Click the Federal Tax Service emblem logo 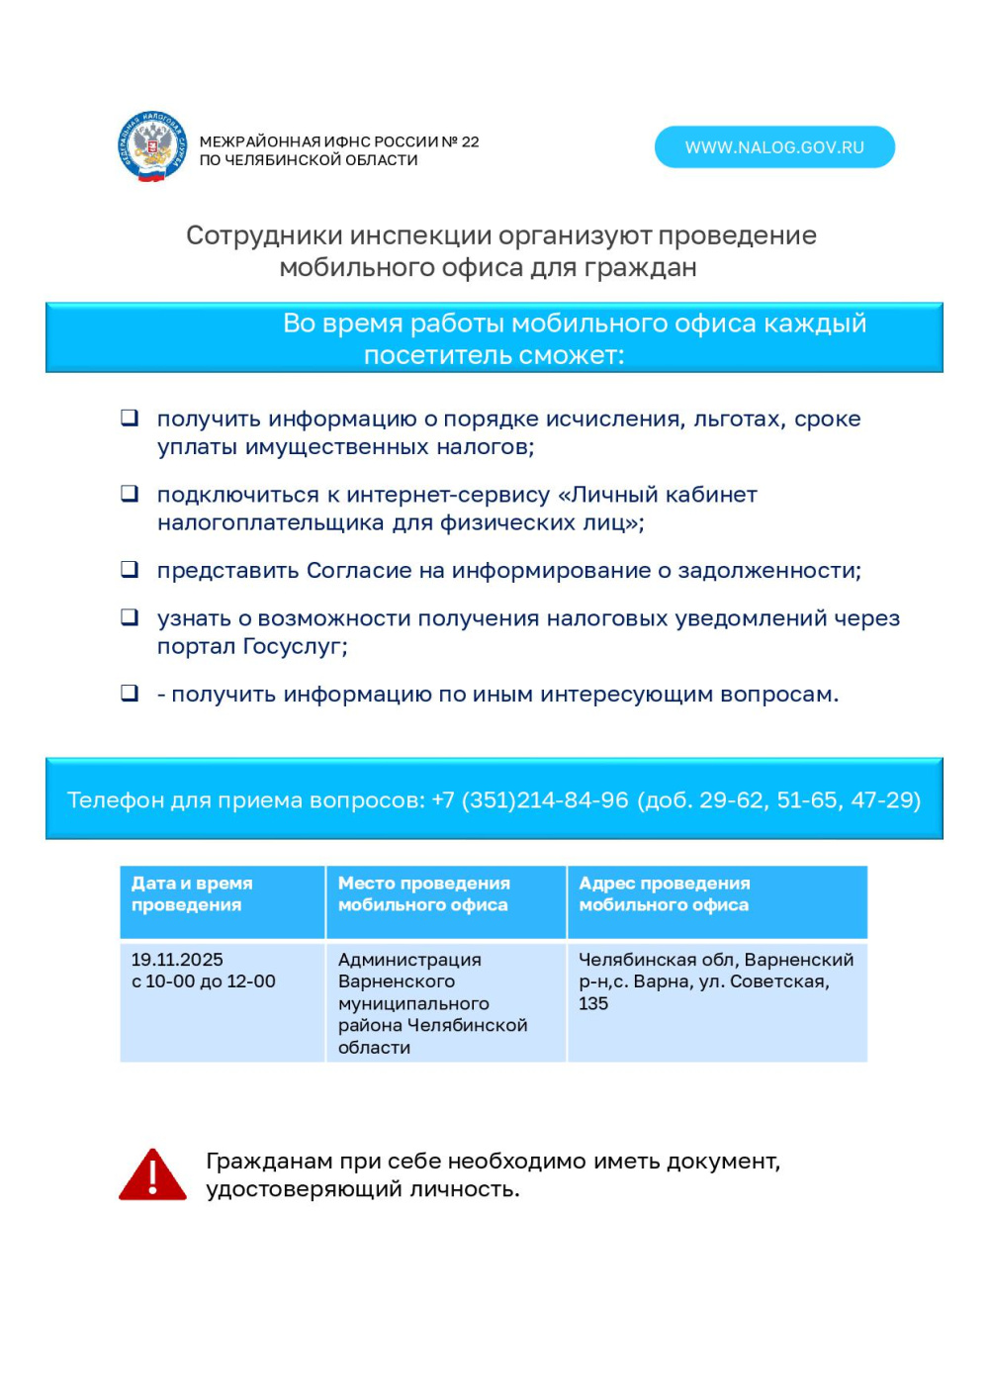(152, 146)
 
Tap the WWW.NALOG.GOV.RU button (774, 147)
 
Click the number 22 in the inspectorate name (470, 141)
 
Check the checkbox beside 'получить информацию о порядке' (130, 418)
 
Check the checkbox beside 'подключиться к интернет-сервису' (130, 493)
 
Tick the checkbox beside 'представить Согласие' (130, 569)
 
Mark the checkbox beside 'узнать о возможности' (130, 616)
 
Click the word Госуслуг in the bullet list (291, 646)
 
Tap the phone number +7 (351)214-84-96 (530, 799)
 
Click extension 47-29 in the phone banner (885, 799)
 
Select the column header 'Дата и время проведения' (192, 893)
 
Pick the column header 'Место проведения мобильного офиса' (423, 893)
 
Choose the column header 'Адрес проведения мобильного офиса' (664, 893)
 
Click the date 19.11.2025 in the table (177, 960)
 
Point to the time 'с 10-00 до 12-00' (203, 981)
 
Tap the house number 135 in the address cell (593, 1003)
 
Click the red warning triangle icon (152, 1175)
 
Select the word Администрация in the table (409, 960)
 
